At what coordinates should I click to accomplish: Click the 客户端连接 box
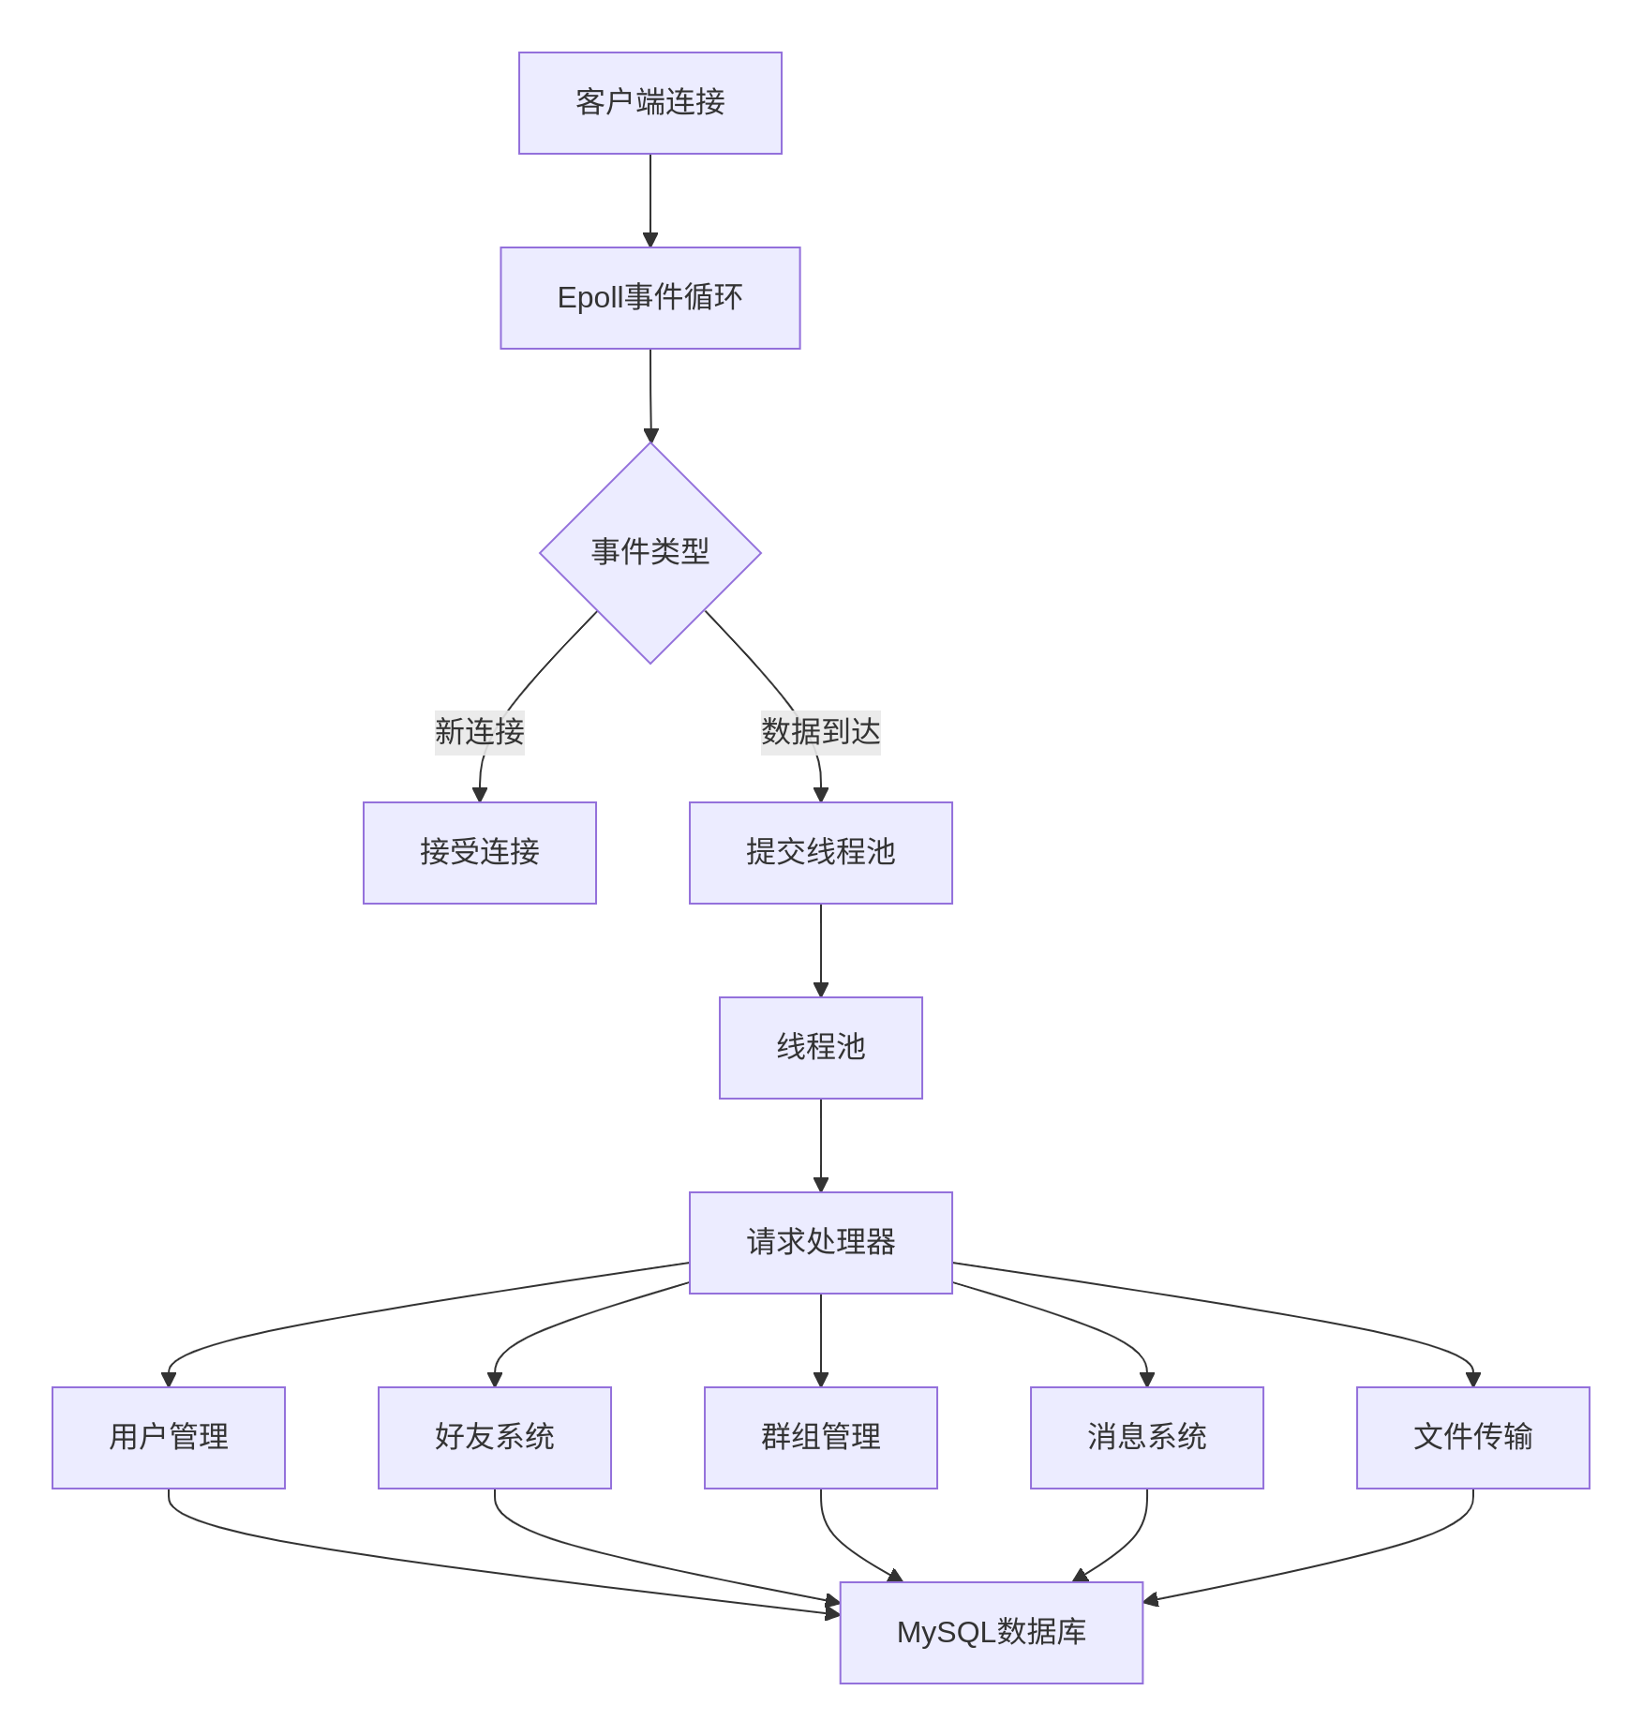coord(649,103)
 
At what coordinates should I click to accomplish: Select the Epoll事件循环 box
coord(649,298)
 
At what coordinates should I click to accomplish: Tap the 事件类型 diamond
coord(649,552)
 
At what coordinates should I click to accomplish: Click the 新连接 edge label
coord(479,732)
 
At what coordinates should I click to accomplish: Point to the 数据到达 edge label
coord(820,732)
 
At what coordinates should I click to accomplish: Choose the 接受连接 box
coord(479,853)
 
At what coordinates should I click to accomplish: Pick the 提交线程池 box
coord(820,853)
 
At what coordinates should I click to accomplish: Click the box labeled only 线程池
coord(820,1048)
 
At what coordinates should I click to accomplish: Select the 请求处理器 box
coord(820,1243)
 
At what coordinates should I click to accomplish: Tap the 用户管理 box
coord(169,1438)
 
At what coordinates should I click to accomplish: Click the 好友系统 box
coord(494,1438)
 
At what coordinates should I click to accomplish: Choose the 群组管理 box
coord(820,1438)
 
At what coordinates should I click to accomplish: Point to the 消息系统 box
coord(1146,1438)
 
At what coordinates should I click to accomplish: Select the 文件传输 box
coord(1472,1438)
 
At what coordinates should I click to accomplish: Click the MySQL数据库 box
coord(991,1633)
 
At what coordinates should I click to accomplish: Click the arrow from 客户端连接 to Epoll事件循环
coord(649,201)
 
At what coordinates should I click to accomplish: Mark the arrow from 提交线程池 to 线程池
coord(820,950)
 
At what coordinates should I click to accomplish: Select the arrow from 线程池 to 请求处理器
coord(820,1145)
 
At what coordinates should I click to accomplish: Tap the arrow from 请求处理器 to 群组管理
coord(820,1340)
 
